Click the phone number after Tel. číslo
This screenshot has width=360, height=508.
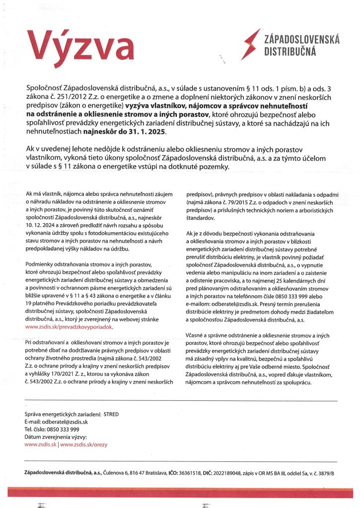[61, 429]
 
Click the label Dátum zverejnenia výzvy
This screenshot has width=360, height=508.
[56, 437]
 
